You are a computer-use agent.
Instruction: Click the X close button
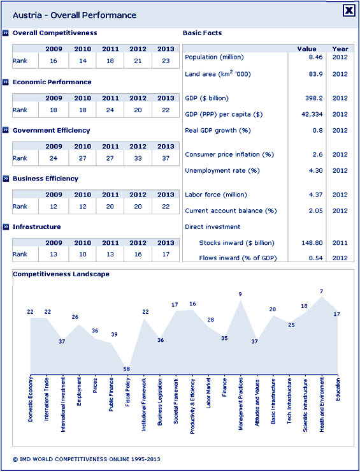coord(349,11)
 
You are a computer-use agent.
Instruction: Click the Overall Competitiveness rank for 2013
coord(166,61)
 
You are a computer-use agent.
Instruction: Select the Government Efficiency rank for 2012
coord(138,158)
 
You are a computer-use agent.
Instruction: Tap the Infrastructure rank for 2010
coord(82,254)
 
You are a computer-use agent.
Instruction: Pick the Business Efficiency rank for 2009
coord(54,207)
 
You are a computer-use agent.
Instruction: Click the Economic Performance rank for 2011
coord(110,110)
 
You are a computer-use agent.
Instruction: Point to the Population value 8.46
coord(316,57)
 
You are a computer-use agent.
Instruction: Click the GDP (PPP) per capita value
coord(312,114)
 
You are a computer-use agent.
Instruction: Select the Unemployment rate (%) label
coord(222,171)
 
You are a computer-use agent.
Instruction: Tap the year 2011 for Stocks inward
coord(340,242)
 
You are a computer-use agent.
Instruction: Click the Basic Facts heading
coord(202,33)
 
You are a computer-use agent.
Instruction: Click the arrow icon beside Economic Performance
coord(5,82)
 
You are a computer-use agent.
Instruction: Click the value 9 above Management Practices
coord(240,295)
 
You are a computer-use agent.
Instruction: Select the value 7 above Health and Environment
coord(322,291)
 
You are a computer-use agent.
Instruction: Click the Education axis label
coord(338,390)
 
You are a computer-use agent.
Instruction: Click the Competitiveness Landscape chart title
coord(61,274)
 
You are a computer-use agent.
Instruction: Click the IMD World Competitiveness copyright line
coord(87,459)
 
